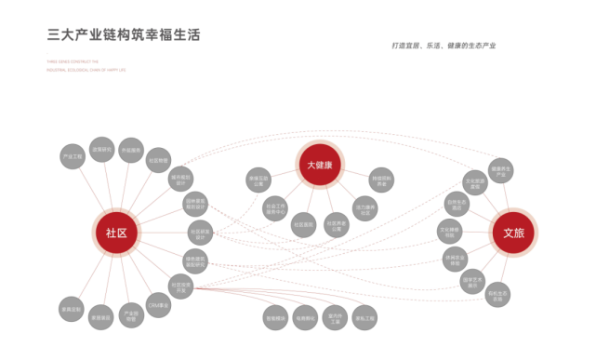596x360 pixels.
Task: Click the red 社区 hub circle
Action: coord(116,233)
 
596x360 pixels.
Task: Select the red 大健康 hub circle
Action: coord(320,166)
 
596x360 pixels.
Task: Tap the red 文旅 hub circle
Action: coord(513,233)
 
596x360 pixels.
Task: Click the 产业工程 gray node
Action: coord(73,155)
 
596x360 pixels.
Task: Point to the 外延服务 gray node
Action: coord(131,150)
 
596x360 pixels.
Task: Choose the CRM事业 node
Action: coord(159,304)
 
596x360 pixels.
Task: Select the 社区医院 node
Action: coord(304,224)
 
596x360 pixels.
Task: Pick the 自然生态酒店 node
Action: coord(456,205)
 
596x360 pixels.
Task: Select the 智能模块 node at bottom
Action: coord(276,317)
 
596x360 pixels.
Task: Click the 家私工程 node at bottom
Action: coord(364,317)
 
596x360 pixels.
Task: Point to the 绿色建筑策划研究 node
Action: coord(195,261)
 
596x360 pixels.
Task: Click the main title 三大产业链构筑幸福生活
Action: coord(124,35)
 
